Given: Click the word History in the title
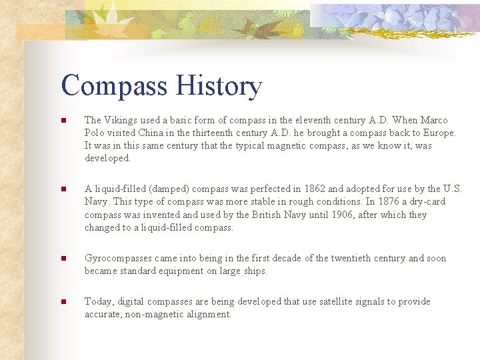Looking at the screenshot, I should [x=219, y=87].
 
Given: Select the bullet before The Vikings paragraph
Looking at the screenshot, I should [x=63, y=121].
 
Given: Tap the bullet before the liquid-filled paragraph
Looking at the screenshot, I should [x=63, y=189].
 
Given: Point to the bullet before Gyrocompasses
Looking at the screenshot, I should [x=63, y=259].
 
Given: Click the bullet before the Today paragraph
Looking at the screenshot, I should [x=63, y=302].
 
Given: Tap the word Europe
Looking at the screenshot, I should [x=439, y=133].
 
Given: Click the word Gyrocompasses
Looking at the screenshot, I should [x=117, y=259].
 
